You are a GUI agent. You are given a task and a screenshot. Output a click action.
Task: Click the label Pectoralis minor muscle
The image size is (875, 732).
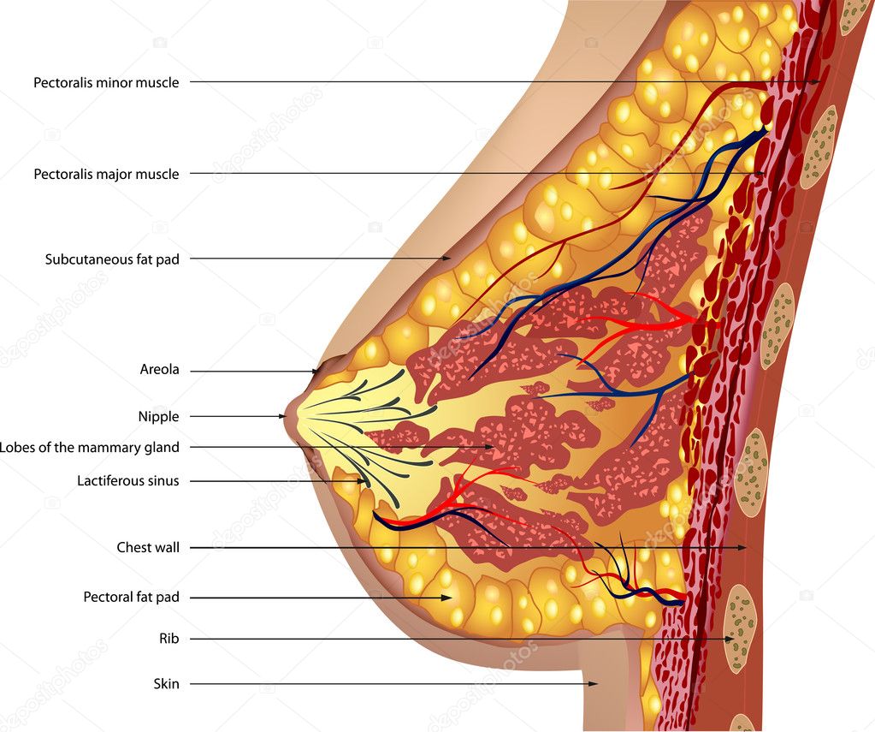106,83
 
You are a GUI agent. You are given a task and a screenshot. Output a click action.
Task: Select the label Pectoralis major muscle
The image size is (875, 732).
106,174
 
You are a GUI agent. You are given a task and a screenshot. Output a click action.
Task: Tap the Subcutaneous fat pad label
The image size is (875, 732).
112,259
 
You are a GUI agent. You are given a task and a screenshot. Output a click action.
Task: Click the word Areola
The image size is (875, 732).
160,369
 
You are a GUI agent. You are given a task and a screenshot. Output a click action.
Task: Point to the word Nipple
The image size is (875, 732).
158,417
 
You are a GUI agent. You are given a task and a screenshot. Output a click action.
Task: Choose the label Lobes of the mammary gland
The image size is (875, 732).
89,448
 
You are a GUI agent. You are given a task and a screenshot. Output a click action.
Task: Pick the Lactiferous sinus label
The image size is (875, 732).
127,480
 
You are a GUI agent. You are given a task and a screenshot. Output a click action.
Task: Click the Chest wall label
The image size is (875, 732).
148,548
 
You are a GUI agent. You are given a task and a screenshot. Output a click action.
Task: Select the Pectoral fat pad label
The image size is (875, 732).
131,598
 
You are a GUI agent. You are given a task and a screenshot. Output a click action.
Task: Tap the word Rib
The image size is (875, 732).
169,639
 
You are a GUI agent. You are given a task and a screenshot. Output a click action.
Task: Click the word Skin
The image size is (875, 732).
166,683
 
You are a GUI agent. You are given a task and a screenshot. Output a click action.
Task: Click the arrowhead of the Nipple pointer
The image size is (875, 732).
282,416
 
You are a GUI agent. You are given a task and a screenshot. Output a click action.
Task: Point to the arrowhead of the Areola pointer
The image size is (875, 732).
316,371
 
